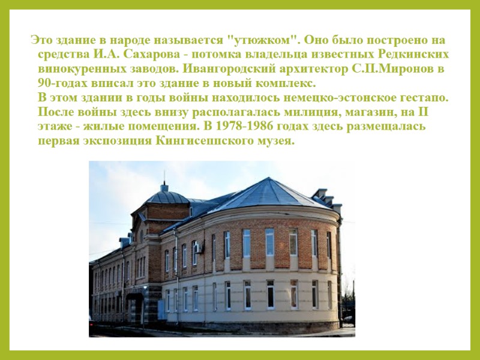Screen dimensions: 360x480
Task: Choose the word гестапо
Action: [427, 97]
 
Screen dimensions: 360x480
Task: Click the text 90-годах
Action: [62, 83]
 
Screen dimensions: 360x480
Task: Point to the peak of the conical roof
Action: [269, 179]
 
